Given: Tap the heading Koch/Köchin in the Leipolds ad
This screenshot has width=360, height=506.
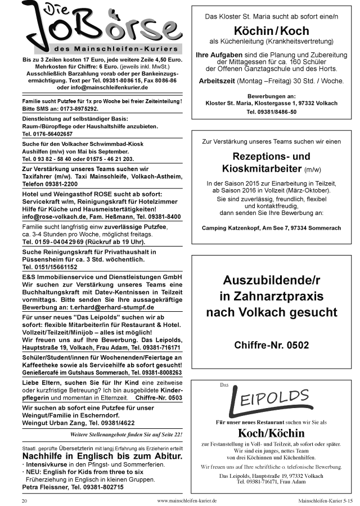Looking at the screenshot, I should [271, 433].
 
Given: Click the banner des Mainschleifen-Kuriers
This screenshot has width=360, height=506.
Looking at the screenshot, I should [113, 48].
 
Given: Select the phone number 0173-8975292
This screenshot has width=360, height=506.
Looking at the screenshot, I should [75, 108].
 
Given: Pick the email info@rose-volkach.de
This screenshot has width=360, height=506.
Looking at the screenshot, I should [48, 216].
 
